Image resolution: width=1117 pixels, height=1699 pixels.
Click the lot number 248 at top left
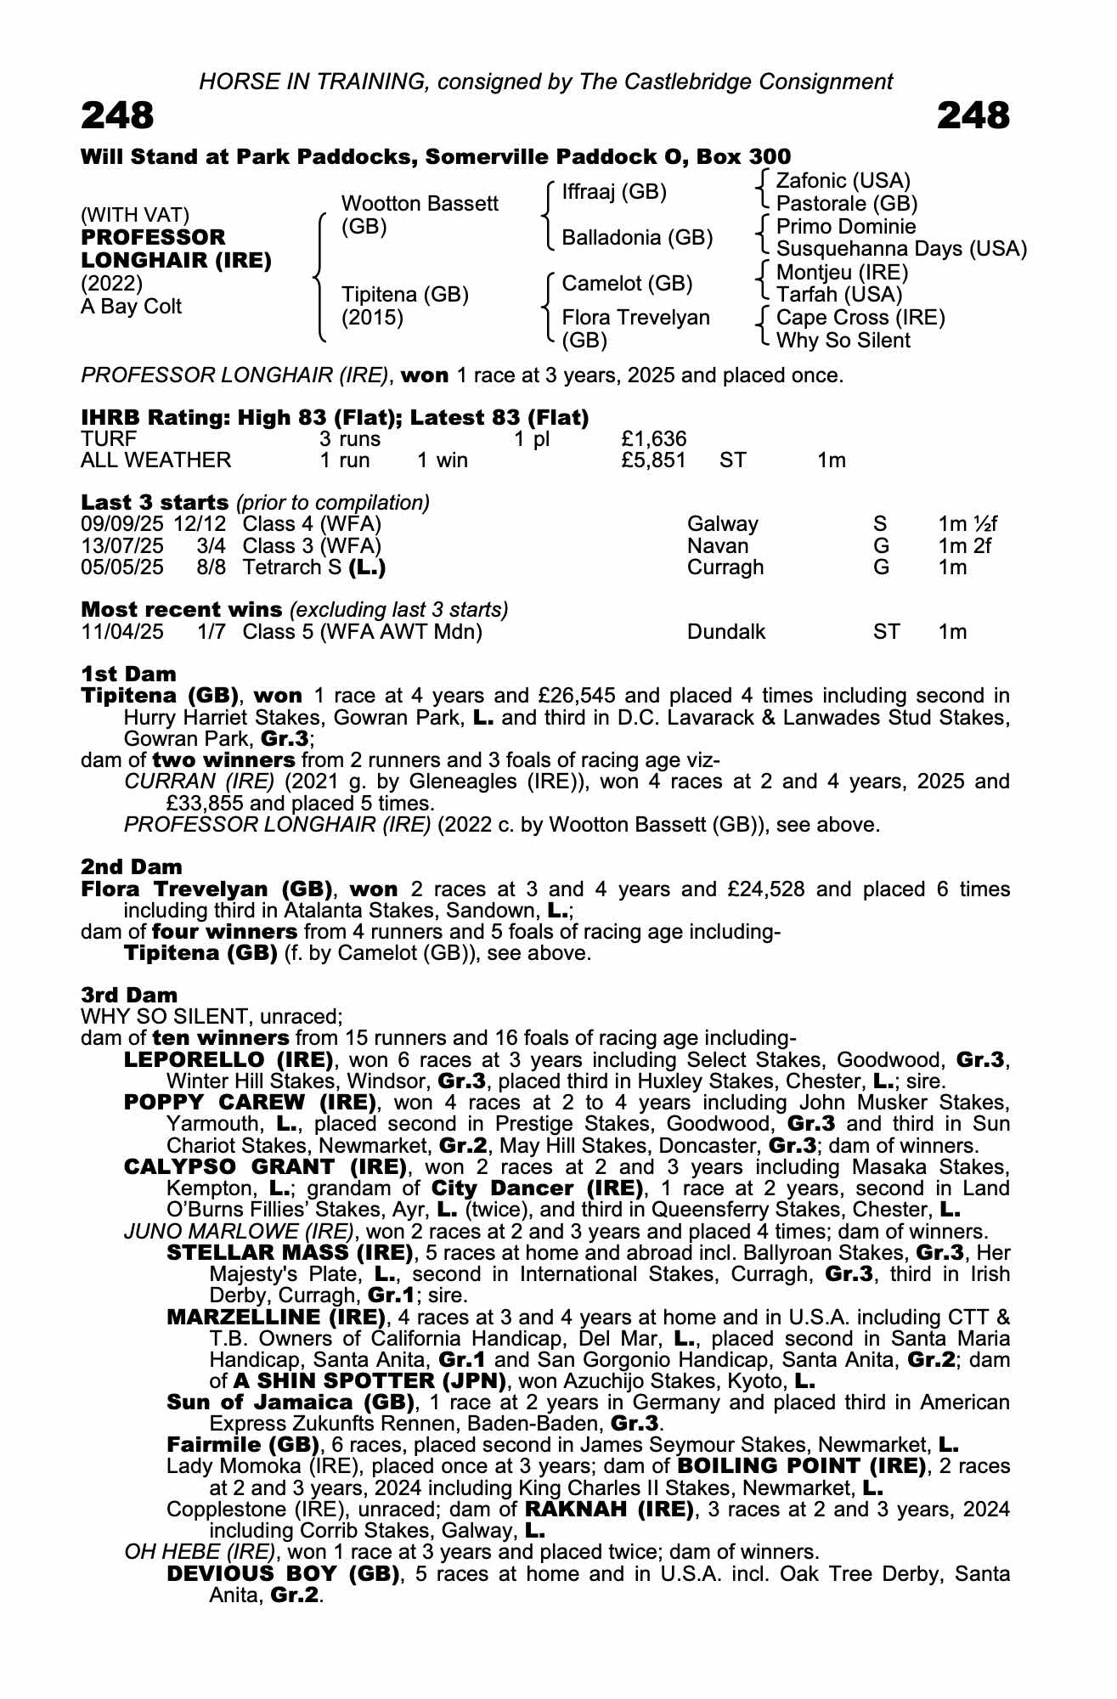117,116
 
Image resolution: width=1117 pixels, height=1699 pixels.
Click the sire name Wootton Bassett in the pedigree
420,204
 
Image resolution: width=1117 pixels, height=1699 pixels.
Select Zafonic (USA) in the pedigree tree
843,181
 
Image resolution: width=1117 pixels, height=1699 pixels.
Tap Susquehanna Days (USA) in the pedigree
901,249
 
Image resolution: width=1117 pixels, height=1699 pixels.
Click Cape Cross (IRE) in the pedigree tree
860,318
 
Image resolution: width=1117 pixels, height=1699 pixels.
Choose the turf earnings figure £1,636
653,439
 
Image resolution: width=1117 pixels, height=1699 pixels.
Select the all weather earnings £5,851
653,460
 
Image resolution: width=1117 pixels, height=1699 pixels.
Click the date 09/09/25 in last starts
122,524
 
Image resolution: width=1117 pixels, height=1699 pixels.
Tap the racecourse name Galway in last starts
722,524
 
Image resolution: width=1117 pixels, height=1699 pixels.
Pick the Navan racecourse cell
718,545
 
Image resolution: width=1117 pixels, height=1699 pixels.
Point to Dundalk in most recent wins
726,632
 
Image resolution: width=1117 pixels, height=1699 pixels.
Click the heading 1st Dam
128,675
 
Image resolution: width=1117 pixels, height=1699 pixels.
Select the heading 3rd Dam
129,995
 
